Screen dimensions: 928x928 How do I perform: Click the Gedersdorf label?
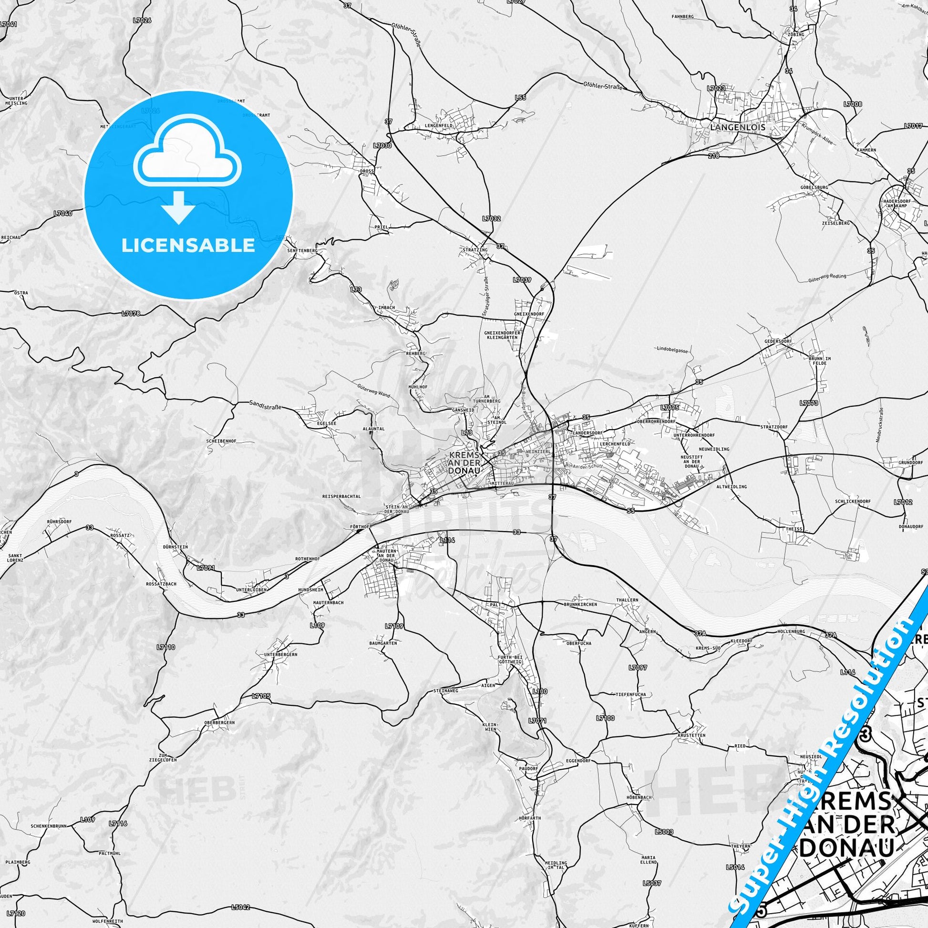(x=778, y=341)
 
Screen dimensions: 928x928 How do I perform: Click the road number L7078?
(x=131, y=314)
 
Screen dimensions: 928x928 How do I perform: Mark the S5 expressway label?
(x=630, y=511)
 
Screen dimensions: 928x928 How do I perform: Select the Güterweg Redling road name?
(x=826, y=278)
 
